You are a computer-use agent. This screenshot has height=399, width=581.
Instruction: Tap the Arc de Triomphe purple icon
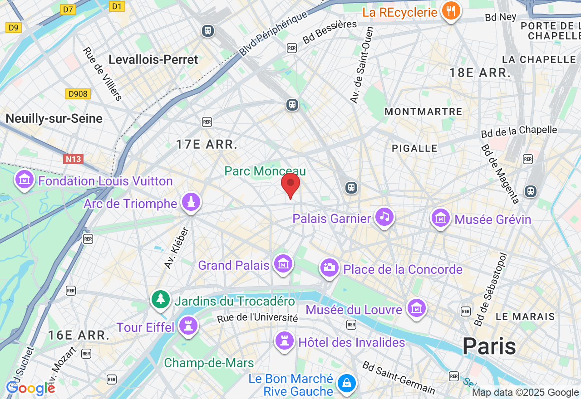tap(191, 202)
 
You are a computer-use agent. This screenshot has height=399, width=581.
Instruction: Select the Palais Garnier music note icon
tap(384, 217)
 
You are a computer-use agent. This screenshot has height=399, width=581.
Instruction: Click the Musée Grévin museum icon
tap(440, 218)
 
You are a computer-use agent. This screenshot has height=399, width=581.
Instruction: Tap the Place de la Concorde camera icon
tap(330, 268)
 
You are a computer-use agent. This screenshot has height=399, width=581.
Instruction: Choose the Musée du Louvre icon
tap(416, 308)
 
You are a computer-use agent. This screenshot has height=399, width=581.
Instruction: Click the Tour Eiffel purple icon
tap(188, 326)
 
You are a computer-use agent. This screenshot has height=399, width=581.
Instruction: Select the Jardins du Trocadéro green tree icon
tap(161, 299)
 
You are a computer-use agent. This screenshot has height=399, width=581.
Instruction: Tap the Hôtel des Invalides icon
tap(285, 341)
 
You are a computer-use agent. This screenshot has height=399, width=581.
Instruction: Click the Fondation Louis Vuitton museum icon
tap(25, 180)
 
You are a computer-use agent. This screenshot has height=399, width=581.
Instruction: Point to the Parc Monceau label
tap(265, 171)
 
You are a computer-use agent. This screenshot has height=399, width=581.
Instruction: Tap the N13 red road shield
tap(73, 159)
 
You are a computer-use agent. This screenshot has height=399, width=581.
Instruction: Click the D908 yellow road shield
tap(78, 94)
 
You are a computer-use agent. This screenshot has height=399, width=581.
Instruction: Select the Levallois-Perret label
tap(153, 59)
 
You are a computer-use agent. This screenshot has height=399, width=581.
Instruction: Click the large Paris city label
tap(489, 346)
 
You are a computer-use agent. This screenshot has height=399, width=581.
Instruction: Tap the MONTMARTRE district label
tap(423, 112)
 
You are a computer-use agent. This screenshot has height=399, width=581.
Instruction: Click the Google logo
tap(30, 388)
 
